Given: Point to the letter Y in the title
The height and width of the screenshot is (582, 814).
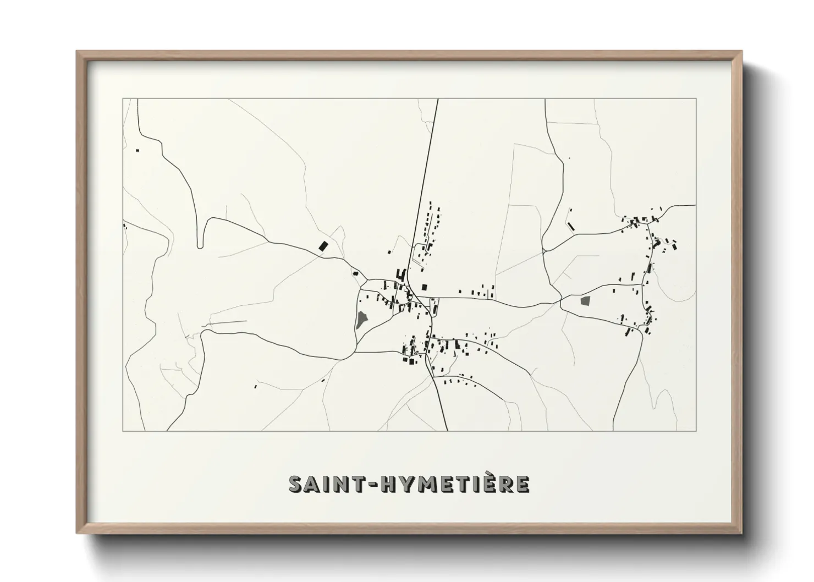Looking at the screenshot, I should (x=403, y=484).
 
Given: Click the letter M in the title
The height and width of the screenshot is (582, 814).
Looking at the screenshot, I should (x=425, y=484).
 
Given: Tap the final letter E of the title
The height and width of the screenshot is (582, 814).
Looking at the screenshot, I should (x=522, y=484).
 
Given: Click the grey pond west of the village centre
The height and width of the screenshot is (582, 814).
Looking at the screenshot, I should (x=361, y=319).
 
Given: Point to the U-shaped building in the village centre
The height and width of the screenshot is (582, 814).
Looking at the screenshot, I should (x=401, y=274).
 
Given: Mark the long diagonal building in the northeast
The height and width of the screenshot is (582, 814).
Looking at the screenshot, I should (x=571, y=226).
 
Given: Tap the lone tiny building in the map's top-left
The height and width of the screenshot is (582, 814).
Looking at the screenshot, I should (x=137, y=150).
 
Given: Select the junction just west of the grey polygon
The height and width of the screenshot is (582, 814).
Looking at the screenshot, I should (x=560, y=301).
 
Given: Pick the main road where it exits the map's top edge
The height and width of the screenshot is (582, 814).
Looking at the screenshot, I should (x=437, y=100).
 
